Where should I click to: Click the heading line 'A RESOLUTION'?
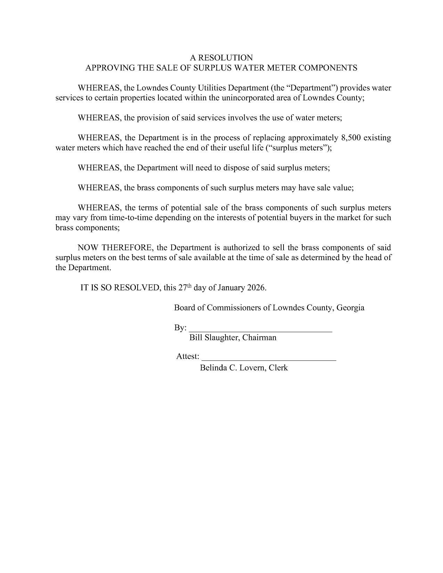coord(221,58)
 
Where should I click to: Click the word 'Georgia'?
coord(350,308)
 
